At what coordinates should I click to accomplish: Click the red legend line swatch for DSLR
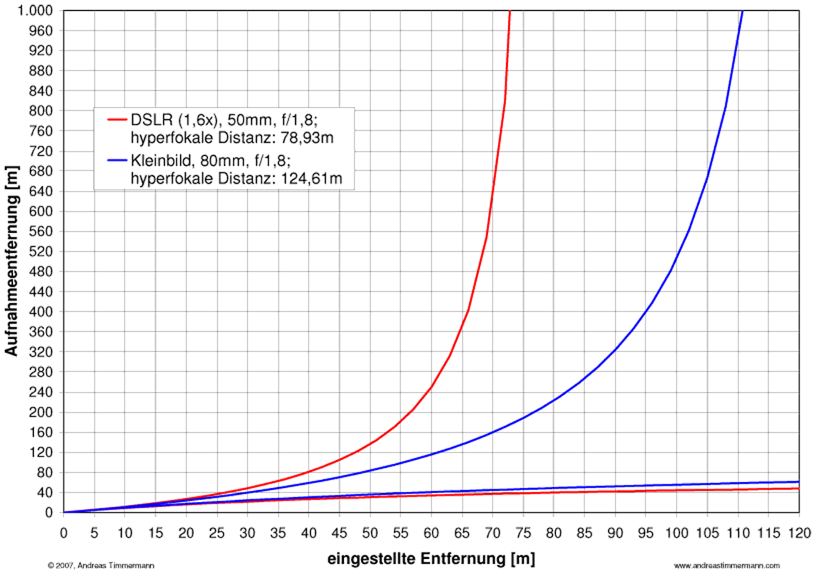click(117, 120)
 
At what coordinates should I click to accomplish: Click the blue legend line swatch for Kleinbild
click(117, 160)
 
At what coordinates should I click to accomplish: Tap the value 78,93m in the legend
click(307, 138)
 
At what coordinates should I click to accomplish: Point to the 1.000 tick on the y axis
click(35, 11)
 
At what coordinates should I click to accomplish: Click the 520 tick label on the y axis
click(41, 252)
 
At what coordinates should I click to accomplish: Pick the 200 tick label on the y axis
click(41, 412)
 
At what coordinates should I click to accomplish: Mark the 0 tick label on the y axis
click(49, 512)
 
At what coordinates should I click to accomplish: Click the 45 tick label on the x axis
click(339, 534)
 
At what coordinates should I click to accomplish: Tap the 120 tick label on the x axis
click(799, 534)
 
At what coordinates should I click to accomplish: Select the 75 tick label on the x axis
click(523, 534)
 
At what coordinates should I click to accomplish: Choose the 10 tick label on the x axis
click(125, 534)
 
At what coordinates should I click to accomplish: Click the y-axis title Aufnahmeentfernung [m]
click(12, 261)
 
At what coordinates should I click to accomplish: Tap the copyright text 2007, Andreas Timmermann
click(104, 565)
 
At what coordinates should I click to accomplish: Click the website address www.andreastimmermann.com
click(727, 565)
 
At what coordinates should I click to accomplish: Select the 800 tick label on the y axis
click(41, 110)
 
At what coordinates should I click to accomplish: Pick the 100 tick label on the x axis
click(677, 534)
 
